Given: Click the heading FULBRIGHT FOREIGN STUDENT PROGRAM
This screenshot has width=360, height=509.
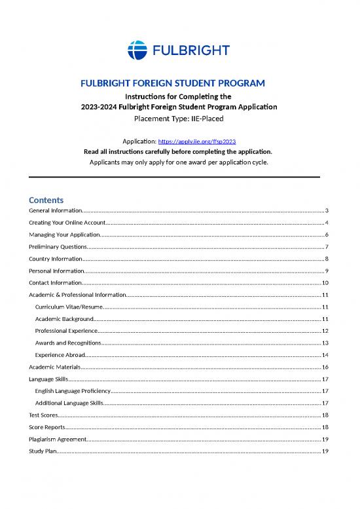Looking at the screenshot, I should click(173, 83).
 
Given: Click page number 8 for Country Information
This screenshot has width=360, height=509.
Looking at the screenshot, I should click(325, 259).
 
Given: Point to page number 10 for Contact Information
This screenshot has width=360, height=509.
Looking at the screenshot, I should click(324, 283).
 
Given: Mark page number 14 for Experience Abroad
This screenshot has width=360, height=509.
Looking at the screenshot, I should click(324, 355).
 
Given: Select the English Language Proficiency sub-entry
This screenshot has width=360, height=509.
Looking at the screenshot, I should click(73, 391).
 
